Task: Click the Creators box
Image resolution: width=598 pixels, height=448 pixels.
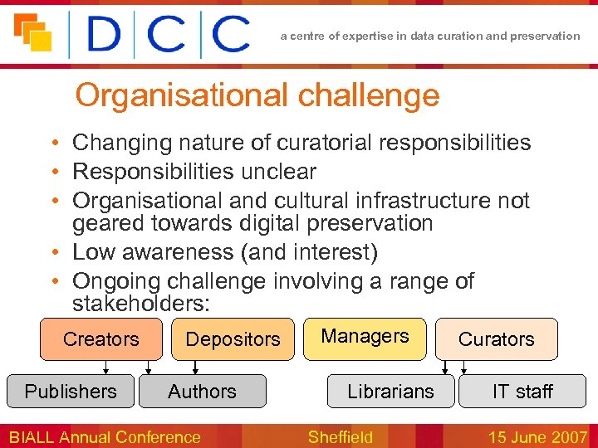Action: (x=101, y=339)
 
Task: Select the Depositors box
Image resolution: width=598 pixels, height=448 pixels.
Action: (x=233, y=339)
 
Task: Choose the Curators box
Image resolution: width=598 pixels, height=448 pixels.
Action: (x=497, y=339)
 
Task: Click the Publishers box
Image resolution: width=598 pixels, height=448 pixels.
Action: (x=71, y=392)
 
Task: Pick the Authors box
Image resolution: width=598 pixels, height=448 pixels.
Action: (x=202, y=392)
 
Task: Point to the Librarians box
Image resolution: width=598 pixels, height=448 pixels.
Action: (x=390, y=392)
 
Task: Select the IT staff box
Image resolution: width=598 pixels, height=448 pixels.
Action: (x=522, y=392)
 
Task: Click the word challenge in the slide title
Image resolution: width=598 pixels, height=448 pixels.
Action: (x=368, y=96)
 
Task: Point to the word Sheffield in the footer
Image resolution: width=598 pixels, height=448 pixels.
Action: (x=340, y=436)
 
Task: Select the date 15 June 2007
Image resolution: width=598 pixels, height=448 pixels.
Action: (x=537, y=436)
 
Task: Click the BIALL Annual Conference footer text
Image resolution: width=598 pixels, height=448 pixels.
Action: (x=105, y=436)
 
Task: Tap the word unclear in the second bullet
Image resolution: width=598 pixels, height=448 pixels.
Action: (x=278, y=172)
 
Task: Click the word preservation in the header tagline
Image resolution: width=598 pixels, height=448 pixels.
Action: (x=546, y=36)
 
